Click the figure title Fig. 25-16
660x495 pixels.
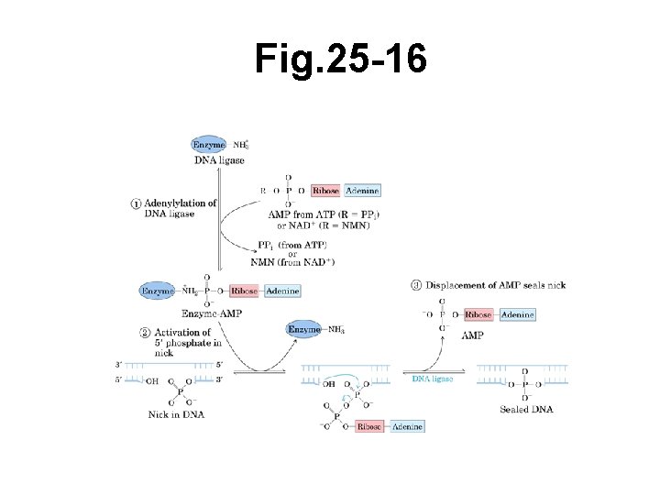point(340,60)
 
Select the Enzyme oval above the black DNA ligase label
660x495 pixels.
point(209,145)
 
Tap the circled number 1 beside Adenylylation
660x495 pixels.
point(137,203)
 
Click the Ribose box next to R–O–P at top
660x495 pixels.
point(325,191)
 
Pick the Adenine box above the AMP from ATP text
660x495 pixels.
point(362,191)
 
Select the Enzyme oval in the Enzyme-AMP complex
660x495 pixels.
point(157,291)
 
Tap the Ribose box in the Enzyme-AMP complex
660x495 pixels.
point(244,291)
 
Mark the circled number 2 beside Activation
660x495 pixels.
point(137,332)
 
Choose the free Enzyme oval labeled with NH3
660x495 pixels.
point(304,329)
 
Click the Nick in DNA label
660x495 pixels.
point(175,413)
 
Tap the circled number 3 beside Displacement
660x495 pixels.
point(416,285)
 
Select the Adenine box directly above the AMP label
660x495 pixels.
point(516,314)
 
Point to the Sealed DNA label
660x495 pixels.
point(526,409)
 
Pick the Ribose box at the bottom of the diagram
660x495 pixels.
point(369,426)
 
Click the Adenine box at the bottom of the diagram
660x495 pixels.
point(406,426)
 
